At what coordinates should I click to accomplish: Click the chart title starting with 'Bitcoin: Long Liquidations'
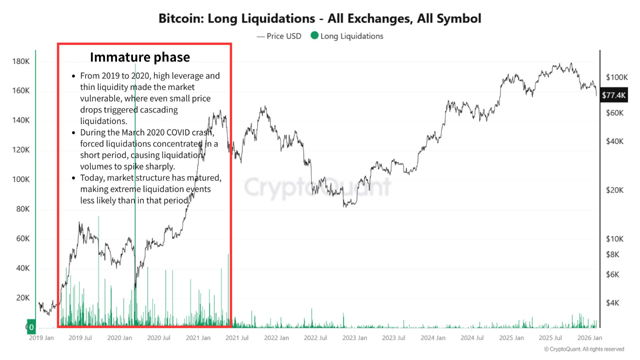pos(320,19)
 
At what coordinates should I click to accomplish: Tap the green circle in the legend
pos(314,36)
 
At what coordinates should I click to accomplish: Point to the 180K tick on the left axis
pos(21,61)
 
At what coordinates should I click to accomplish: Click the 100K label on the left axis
pos(21,179)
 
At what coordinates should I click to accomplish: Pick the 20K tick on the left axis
pos(22,298)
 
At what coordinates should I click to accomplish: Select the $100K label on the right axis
pos(616,77)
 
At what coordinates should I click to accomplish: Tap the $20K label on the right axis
pos(614,190)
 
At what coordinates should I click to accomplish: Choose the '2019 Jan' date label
pos(41,338)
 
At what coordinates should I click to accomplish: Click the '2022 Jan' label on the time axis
pos(276,338)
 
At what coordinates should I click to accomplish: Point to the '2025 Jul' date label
pos(550,338)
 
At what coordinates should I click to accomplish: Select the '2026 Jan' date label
pos(590,338)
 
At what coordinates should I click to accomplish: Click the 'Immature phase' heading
pos(140,57)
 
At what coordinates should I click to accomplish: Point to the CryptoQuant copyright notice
pos(583,349)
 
